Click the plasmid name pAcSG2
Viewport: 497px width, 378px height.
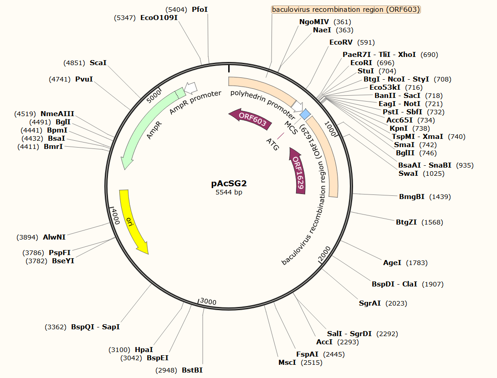[229, 184]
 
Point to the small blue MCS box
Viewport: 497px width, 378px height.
[305, 114]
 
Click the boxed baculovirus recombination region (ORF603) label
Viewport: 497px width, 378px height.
[346, 10]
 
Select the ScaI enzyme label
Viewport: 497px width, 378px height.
[98, 63]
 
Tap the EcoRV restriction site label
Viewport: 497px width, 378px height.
[341, 42]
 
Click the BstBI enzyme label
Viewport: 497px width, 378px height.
[192, 370]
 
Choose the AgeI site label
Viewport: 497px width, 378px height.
[392, 263]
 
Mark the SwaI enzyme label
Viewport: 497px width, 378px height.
[409, 174]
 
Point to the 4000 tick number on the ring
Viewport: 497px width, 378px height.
[115, 217]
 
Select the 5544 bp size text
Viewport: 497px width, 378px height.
[229, 193]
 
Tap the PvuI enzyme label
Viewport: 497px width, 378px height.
[84, 79]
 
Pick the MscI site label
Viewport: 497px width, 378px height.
[287, 363]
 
